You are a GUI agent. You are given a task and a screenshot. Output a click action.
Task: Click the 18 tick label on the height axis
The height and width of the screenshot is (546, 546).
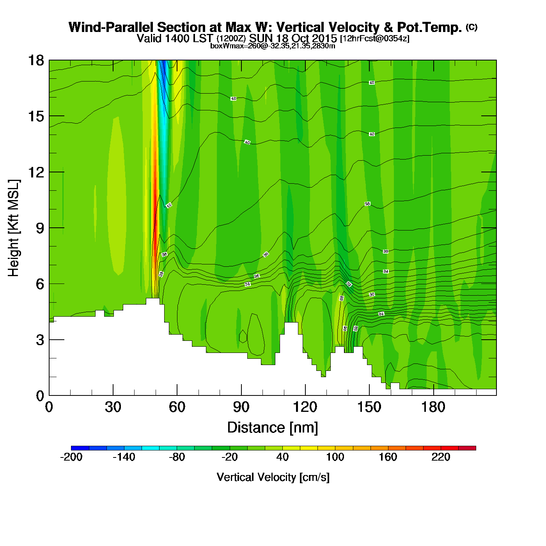[35, 60]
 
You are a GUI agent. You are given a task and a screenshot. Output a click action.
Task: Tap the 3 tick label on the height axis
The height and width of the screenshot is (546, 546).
[39, 340]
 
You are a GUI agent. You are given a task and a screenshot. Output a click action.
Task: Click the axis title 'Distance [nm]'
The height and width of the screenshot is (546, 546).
[273, 428]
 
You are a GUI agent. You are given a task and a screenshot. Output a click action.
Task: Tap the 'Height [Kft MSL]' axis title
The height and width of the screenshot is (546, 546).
[14, 228]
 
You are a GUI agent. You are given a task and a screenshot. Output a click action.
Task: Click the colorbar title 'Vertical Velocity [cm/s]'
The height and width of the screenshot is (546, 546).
[273, 477]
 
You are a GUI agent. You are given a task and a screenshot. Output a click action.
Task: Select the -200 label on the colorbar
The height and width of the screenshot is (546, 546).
[71, 457]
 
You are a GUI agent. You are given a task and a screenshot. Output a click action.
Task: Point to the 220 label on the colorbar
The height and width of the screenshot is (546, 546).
[441, 457]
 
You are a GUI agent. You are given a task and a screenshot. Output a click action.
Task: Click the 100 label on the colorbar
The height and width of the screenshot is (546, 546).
[335, 457]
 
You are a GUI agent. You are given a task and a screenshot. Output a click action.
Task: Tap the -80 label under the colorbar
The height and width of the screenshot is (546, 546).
[177, 457]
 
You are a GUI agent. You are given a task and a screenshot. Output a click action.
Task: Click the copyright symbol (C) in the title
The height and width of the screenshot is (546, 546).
[472, 27]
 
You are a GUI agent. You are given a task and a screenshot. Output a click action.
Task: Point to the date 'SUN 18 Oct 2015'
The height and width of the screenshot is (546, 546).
[293, 39]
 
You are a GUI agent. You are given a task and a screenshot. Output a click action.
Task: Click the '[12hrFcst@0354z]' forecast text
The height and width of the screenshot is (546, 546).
[375, 39]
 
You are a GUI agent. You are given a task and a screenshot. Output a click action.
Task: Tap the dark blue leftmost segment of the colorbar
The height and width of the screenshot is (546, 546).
[80, 448]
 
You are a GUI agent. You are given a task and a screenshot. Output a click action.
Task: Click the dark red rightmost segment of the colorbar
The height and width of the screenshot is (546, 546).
[467, 448]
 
